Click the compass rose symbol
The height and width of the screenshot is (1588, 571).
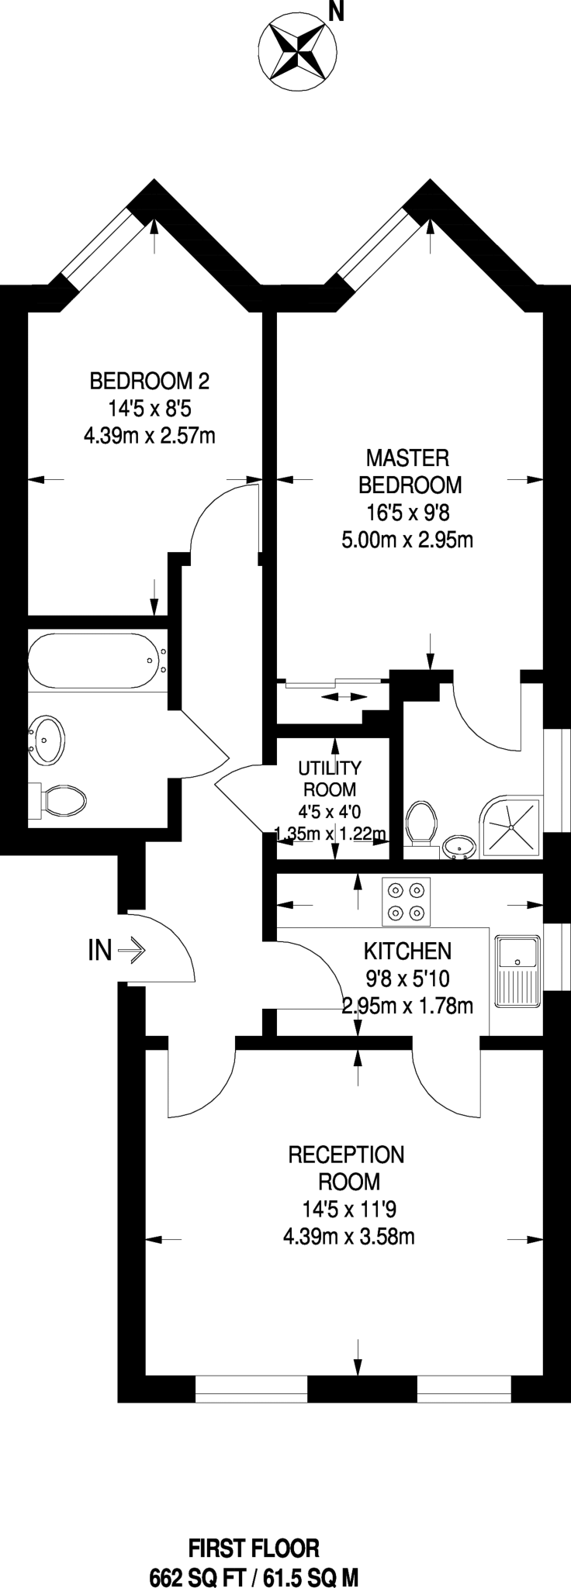[x=296, y=51]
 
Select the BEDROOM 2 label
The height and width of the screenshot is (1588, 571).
[x=150, y=381]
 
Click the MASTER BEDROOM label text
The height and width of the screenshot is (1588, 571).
[x=410, y=471]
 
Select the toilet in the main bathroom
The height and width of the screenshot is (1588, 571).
[x=59, y=799]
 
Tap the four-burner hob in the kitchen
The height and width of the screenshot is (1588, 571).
[x=406, y=902]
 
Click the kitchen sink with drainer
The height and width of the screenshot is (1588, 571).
[x=516, y=970]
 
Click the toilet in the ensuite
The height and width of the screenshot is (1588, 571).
[x=420, y=824]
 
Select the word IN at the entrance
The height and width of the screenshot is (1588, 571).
[x=100, y=950]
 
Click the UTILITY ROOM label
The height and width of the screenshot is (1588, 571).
[x=330, y=778]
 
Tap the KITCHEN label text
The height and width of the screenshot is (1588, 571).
[x=407, y=951]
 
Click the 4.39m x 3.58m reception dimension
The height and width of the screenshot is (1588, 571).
[x=348, y=1236]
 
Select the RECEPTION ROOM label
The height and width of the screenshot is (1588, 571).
[x=346, y=1168]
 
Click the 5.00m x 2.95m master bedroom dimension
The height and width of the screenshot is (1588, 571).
[x=407, y=540]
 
